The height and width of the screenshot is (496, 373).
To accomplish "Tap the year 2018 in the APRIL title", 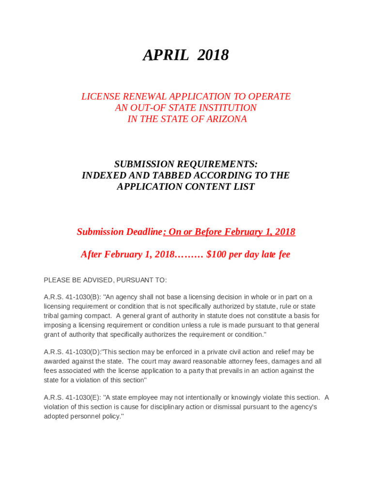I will pyautogui.click(x=213, y=56).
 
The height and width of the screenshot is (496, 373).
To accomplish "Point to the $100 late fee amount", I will pyautogui.click(x=216, y=254).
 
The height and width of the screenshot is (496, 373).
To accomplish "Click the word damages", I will pyautogui.click(x=289, y=361).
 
